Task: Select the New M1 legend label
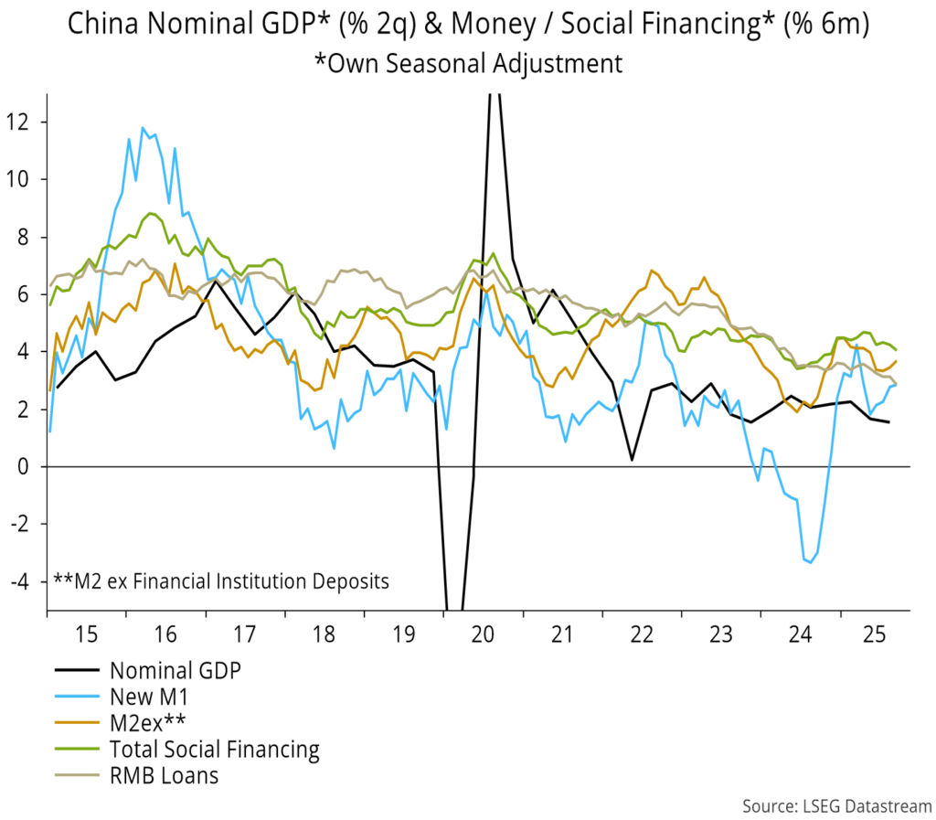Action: coord(151,698)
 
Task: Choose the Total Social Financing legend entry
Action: coord(214,751)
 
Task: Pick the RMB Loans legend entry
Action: coord(164,777)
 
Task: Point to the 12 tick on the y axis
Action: coord(24,122)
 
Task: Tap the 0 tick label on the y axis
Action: coord(29,467)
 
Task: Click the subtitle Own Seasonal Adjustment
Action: coord(468,63)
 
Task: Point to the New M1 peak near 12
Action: coord(143,128)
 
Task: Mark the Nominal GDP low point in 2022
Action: coord(632,459)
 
